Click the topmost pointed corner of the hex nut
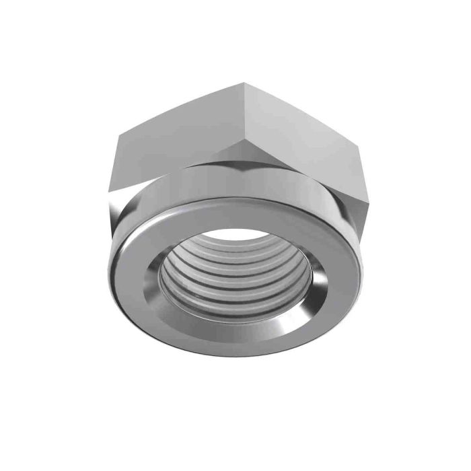245,83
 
